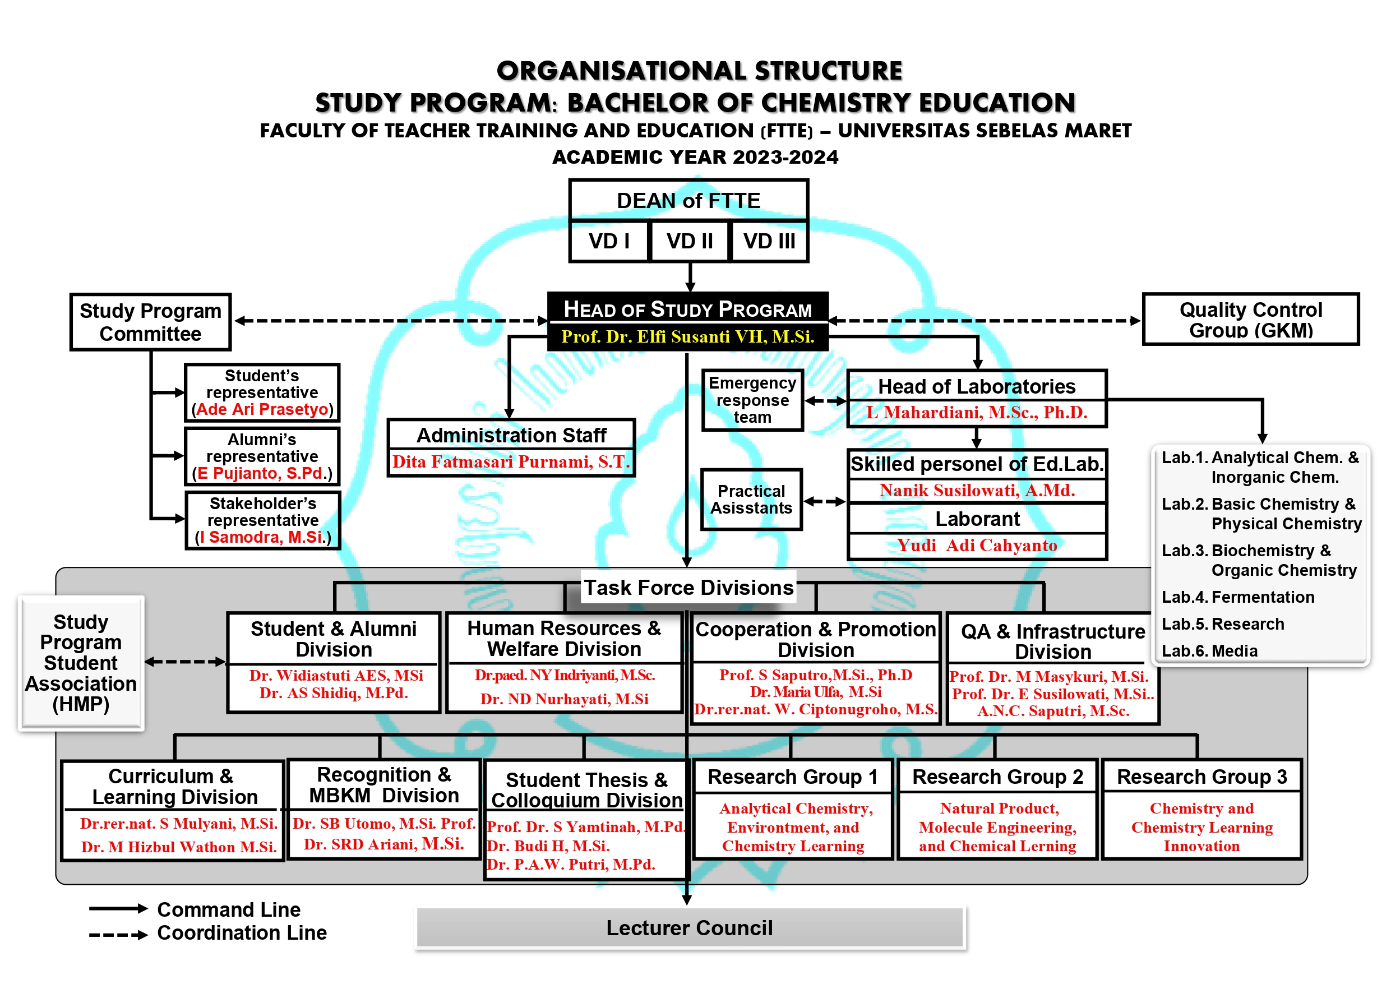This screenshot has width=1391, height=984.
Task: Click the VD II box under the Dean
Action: click(x=690, y=241)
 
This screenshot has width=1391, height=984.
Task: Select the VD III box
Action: click(x=769, y=241)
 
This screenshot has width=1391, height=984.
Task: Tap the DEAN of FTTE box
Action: click(x=688, y=201)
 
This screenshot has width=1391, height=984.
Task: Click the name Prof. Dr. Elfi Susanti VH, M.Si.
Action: click(x=687, y=336)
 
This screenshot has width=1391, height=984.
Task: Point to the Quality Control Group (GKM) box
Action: click(x=1250, y=320)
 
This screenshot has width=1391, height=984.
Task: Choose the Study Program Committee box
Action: click(x=150, y=322)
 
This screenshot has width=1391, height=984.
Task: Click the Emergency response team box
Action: click(x=752, y=400)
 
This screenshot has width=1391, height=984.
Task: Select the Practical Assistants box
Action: click(x=751, y=499)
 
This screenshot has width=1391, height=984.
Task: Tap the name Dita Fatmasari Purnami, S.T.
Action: click(x=511, y=461)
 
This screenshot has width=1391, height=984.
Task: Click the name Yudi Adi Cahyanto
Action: click(x=977, y=546)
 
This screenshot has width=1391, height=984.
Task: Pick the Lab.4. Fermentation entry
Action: click(x=1238, y=597)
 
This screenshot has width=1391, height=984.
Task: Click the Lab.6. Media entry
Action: click(x=1209, y=651)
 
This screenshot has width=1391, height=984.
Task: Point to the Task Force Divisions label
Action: click(x=688, y=587)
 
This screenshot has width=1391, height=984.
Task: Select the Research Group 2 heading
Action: click(x=997, y=776)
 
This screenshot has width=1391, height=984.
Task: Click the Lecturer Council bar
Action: click(x=690, y=927)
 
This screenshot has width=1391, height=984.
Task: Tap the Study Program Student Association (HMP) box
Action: click(x=81, y=663)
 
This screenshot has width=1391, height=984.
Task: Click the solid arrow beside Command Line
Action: click(x=118, y=908)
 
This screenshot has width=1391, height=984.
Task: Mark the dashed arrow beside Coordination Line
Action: click(x=118, y=935)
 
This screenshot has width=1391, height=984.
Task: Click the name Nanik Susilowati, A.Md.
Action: click(x=977, y=490)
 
